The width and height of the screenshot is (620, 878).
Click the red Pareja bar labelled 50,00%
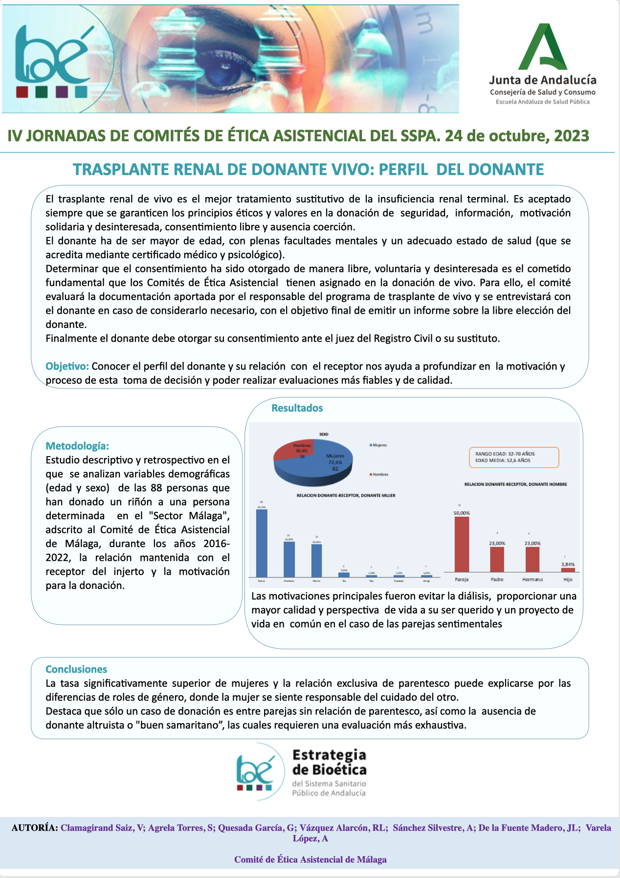[x=462, y=544]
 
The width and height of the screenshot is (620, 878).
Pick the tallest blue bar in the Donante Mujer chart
[x=262, y=543]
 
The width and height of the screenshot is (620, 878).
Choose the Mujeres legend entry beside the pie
[x=378, y=445]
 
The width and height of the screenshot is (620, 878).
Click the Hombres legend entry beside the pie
[x=379, y=474]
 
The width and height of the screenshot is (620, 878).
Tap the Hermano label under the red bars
[x=532, y=579]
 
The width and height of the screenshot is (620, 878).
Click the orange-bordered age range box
[x=513, y=457]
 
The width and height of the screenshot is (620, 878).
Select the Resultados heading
[x=297, y=408]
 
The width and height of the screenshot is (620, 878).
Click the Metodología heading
[x=77, y=446]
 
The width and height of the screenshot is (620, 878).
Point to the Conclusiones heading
[x=76, y=669]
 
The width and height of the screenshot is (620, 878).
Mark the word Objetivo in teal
[x=67, y=366]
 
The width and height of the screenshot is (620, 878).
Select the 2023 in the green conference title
[x=572, y=135]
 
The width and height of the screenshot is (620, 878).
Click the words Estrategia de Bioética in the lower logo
[x=329, y=762]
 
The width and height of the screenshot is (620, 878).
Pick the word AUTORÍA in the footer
[x=35, y=828]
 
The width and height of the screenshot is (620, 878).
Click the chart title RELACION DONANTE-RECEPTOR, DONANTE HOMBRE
[x=515, y=484]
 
